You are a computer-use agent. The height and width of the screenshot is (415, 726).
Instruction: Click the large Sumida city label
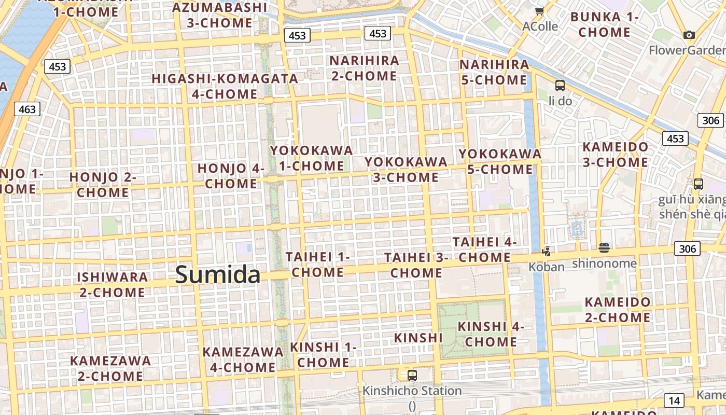click(217, 274)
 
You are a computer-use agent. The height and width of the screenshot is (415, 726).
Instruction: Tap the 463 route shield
click(27, 109)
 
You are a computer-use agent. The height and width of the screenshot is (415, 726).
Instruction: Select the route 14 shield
click(674, 400)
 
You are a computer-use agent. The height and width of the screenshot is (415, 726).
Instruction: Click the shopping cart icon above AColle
click(540, 11)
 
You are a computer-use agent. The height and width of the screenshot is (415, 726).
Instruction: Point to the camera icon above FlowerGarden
click(689, 35)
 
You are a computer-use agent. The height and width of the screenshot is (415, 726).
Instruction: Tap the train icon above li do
click(560, 86)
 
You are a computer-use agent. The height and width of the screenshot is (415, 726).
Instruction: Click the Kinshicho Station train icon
click(412, 375)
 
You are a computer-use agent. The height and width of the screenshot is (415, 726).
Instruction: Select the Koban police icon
click(546, 252)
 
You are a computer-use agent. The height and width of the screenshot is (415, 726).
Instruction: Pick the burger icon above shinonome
click(604, 248)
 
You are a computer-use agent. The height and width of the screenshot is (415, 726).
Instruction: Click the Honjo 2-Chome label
click(102, 185)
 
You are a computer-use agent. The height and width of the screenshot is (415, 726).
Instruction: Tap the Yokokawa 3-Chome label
click(406, 169)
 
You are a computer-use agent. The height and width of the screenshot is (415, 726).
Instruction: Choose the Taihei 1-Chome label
click(317, 264)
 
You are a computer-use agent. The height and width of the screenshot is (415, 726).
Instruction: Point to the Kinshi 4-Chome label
click(491, 334)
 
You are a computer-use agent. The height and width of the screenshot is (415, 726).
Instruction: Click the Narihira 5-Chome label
click(494, 72)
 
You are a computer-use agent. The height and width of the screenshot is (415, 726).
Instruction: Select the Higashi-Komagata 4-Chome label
click(225, 86)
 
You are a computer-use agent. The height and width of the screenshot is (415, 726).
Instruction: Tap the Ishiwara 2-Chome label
click(112, 284)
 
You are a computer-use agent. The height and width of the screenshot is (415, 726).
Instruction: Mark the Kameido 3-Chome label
click(615, 154)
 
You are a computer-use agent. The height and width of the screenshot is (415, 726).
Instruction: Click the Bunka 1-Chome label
click(604, 24)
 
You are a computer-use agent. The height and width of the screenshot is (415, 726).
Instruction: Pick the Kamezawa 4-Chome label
click(243, 359)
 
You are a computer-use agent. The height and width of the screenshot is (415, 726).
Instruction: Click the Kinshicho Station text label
click(412, 391)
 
